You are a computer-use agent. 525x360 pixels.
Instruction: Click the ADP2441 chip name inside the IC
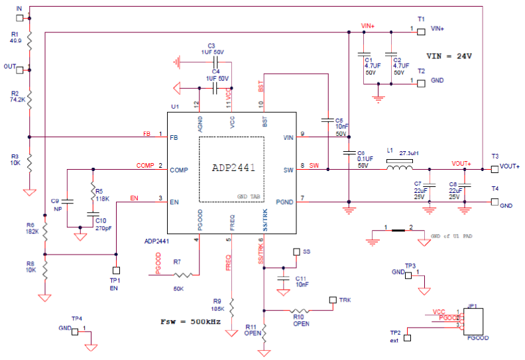pos(233,168)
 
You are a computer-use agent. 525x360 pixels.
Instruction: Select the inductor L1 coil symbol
pos(399,168)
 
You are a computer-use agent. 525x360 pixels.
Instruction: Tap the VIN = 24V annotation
pos(449,56)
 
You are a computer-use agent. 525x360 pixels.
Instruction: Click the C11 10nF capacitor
pos(283,279)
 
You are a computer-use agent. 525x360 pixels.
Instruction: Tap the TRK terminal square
pos(332,300)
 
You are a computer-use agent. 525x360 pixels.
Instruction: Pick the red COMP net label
pos(145,165)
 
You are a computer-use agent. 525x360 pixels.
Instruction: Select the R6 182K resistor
pos(45,231)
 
